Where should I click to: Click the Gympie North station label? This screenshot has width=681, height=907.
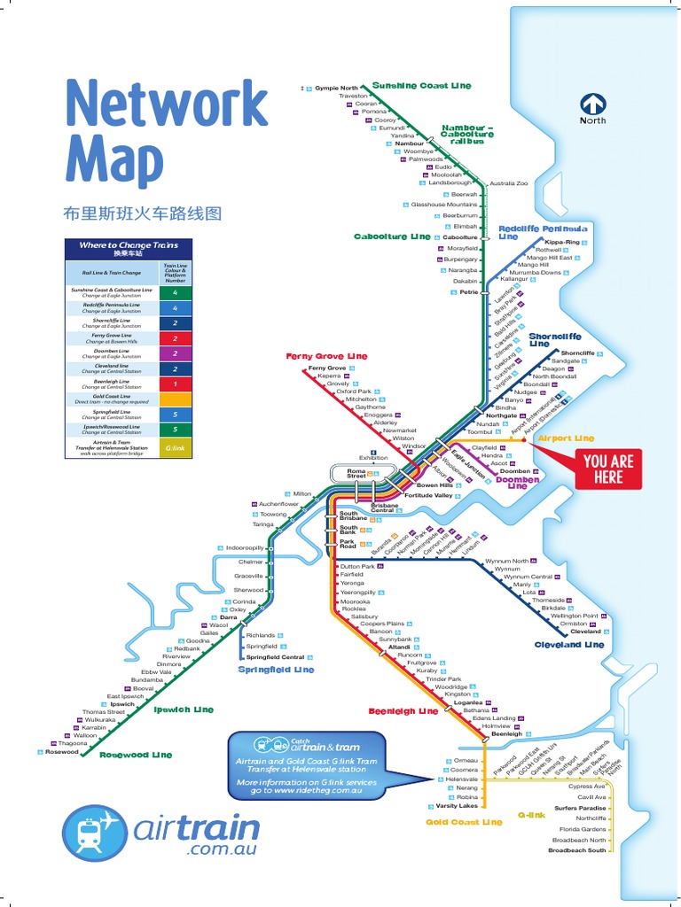(336, 89)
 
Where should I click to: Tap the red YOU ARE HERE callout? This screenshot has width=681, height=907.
(608, 469)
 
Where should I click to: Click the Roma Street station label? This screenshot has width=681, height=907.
(356, 473)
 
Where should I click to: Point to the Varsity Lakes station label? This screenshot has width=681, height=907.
(456, 806)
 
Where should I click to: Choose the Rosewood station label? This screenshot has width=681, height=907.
(62, 752)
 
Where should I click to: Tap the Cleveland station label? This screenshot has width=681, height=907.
(585, 632)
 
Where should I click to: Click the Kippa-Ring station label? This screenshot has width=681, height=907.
(562, 242)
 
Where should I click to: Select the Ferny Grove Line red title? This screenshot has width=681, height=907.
(326, 356)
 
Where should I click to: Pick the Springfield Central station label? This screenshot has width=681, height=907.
(275, 657)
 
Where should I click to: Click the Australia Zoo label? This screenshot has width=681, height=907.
(508, 183)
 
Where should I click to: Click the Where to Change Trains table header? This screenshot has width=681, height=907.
(129, 248)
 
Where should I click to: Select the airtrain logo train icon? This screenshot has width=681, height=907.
(97, 832)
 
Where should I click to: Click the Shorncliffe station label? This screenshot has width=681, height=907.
(577, 353)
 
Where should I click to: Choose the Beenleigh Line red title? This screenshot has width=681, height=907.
(403, 711)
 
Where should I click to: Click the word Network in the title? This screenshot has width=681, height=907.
(167, 104)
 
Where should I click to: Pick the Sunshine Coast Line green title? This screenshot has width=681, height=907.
(422, 86)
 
